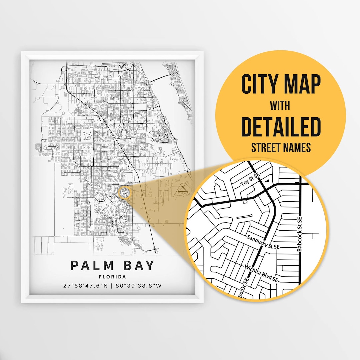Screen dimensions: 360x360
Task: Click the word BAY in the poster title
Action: click(x=137, y=266)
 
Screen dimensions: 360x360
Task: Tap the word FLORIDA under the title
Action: click(x=112, y=277)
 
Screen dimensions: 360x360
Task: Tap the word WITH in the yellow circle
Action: click(x=280, y=106)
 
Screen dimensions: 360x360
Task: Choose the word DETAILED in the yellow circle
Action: click(x=280, y=127)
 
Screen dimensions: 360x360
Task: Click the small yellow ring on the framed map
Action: click(x=124, y=193)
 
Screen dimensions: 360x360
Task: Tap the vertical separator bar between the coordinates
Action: click(x=112, y=286)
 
